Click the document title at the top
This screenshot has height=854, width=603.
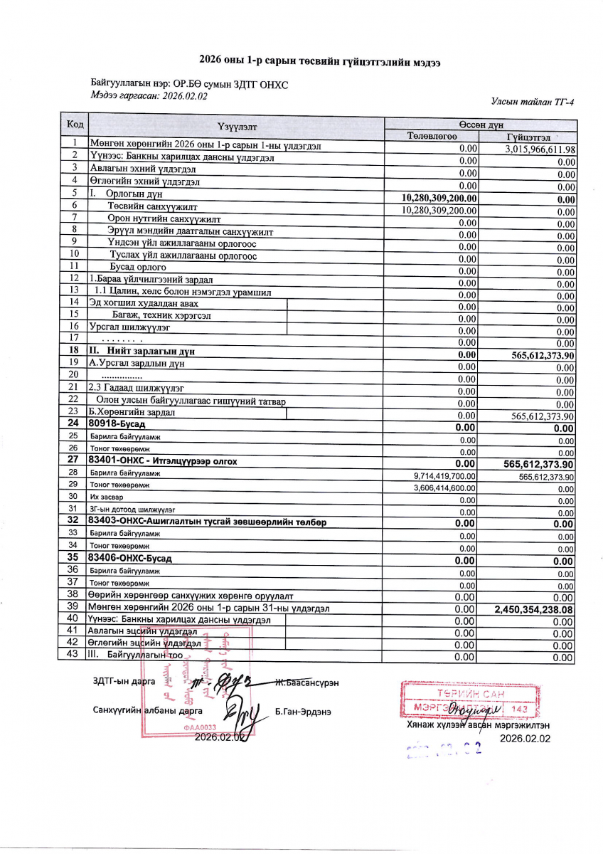(319, 62)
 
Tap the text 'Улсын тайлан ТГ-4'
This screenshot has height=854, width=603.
(532, 102)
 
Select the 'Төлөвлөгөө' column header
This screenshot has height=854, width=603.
(432, 137)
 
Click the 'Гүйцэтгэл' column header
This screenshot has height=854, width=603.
(528, 137)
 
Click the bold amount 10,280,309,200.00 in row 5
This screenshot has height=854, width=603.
(439, 198)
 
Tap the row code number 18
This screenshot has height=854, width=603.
(73, 350)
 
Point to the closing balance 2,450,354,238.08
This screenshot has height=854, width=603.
(533, 609)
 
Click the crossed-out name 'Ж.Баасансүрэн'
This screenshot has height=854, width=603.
(306, 682)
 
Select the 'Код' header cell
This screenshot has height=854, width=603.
(75, 125)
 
